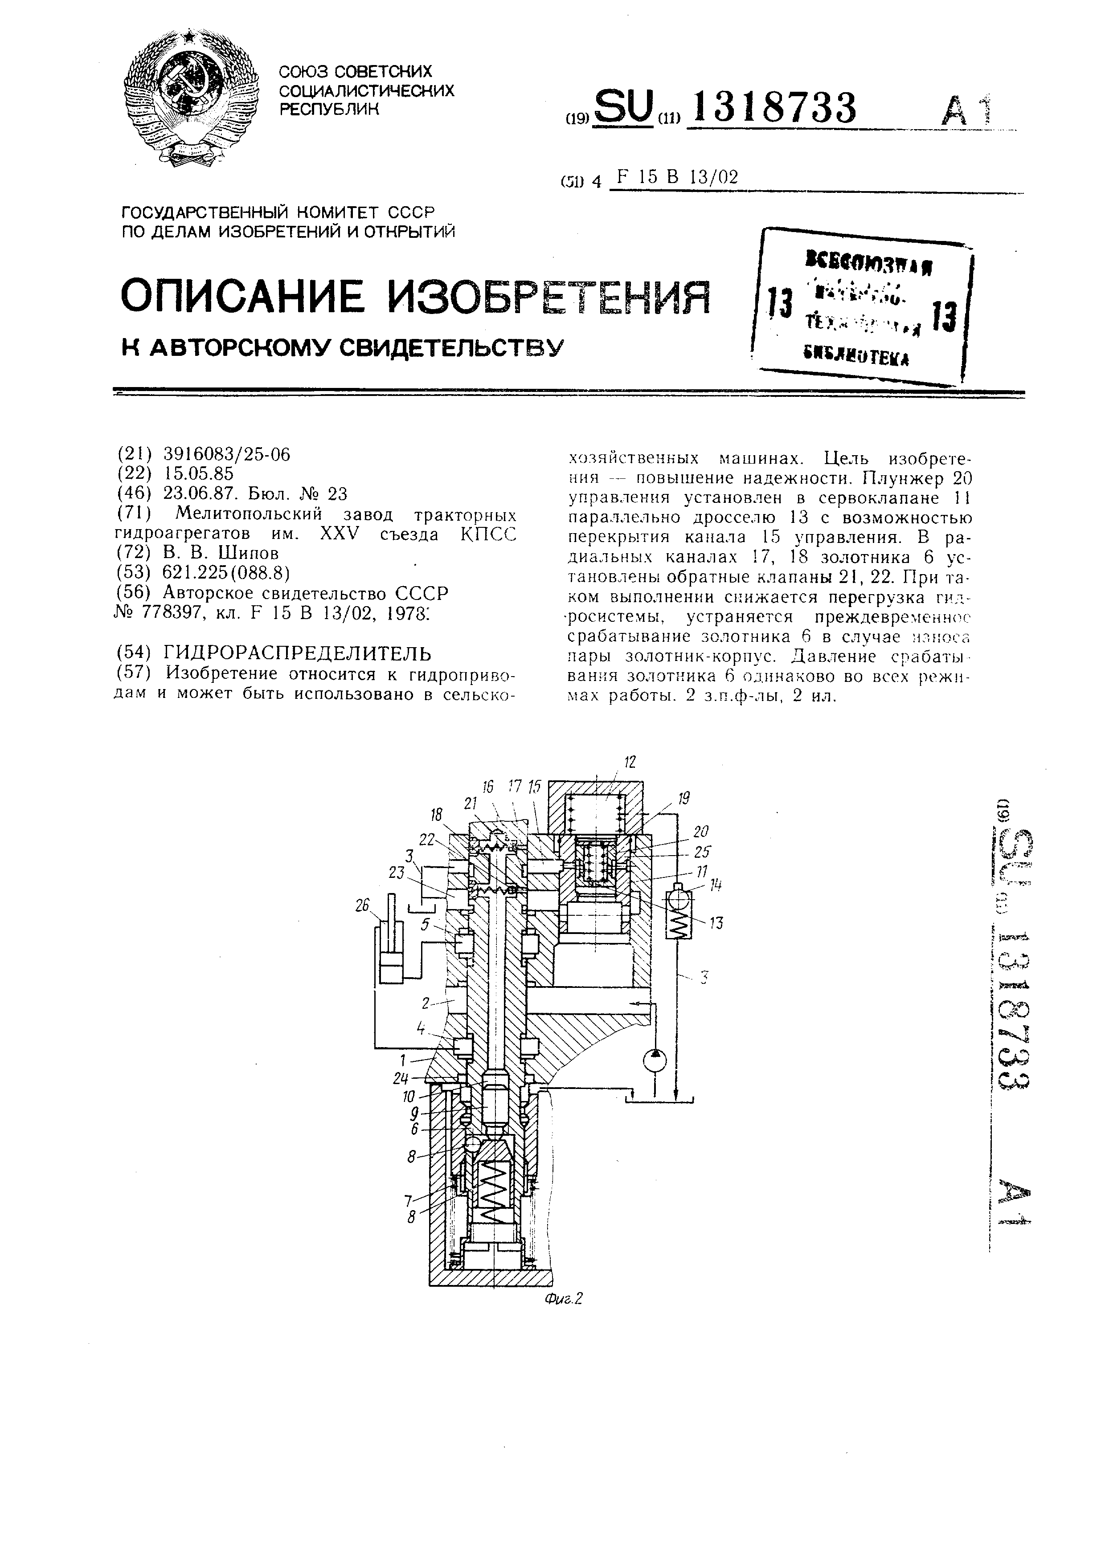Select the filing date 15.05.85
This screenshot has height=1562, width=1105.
pyautogui.click(x=199, y=473)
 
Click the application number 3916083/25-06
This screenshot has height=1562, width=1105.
pyautogui.click(x=227, y=454)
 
